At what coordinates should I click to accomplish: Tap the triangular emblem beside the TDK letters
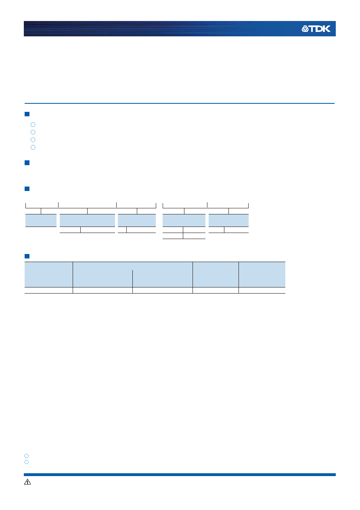tap(305, 29)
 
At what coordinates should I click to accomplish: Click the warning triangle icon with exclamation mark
tap(27, 482)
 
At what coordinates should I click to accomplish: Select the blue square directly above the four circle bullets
tap(27, 114)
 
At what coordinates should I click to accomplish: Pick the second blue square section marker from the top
tap(27, 163)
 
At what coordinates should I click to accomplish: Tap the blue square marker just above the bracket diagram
tap(27, 189)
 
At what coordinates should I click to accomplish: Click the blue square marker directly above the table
tap(27, 256)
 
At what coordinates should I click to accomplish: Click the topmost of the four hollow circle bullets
tap(33, 124)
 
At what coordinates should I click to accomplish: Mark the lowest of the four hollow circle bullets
tap(33, 147)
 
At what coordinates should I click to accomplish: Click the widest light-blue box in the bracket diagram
tap(88, 220)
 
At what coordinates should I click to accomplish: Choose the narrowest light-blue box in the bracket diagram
tap(41, 220)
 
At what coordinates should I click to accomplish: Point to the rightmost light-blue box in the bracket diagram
tap(228, 220)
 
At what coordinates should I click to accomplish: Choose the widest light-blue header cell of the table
tap(133, 274)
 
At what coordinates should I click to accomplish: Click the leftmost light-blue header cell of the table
tap(48, 274)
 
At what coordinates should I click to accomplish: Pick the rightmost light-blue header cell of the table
tap(262, 274)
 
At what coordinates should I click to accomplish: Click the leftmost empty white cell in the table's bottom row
tap(48, 290)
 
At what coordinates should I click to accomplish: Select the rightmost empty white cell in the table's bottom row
tap(262, 290)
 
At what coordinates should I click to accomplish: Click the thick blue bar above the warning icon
tap(180, 475)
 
